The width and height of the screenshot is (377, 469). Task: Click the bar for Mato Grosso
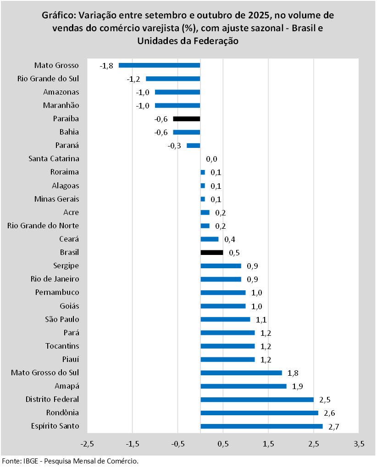click(159, 65)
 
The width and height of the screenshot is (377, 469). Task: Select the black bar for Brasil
click(211, 252)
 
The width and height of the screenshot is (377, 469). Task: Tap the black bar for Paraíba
click(186, 119)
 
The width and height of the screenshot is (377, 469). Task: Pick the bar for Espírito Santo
click(261, 426)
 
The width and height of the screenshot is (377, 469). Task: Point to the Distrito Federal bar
click(257, 400)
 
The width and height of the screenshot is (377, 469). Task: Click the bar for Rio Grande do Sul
click(173, 79)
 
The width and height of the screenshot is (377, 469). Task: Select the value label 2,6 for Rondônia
click(329, 413)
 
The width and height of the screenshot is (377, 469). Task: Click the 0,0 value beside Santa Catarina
click(211, 159)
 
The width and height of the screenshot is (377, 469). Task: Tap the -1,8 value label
click(106, 66)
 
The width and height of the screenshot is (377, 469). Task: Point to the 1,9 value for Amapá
click(298, 386)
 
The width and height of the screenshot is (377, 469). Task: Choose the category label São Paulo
click(62, 319)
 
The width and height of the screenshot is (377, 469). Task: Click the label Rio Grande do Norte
click(44, 226)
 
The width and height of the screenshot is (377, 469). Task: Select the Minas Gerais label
click(57, 199)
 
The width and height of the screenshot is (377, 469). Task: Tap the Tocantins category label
click(62, 346)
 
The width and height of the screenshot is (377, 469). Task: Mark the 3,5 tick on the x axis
click(359, 444)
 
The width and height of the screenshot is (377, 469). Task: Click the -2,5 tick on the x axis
click(87, 444)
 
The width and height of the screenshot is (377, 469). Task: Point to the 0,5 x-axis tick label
click(223, 444)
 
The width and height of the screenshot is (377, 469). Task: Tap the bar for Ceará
click(209, 239)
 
